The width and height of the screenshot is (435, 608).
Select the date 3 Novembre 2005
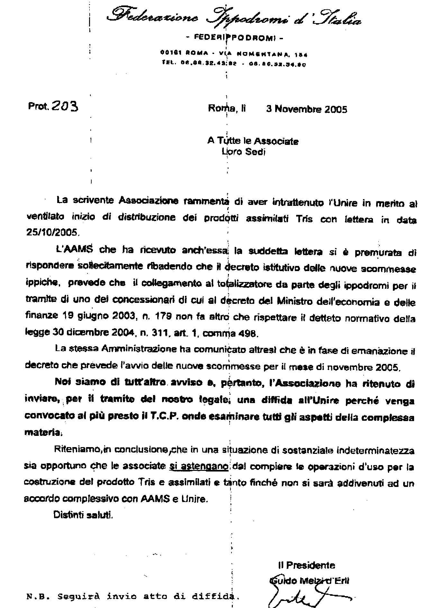pos(306,109)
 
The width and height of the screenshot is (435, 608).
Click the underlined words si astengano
pos(198,466)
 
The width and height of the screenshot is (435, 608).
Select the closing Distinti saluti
pos(83,515)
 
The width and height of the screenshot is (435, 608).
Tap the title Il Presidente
pos(306,565)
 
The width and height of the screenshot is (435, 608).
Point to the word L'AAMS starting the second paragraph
pos(72,249)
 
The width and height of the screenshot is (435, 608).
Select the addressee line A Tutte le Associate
pos(253,141)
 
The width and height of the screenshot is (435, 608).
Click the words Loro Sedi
pos(243,152)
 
